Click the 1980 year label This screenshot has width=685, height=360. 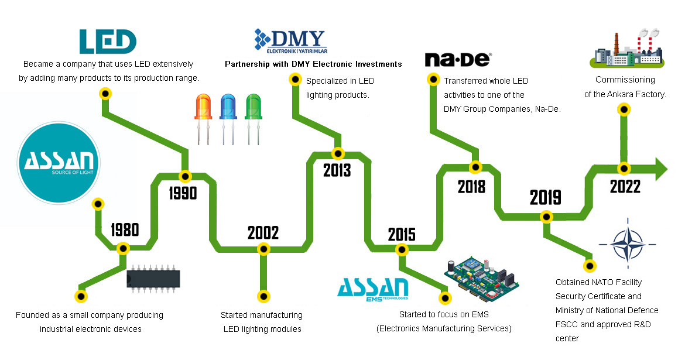125,229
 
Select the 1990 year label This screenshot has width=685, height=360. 183,193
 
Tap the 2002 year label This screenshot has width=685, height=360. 263,233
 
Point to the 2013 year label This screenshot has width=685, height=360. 337,170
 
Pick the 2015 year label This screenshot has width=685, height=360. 402,235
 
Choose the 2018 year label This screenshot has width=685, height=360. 472,187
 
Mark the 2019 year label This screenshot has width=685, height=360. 546,198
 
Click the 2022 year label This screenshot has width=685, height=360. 625,187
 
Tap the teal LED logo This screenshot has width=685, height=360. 108,42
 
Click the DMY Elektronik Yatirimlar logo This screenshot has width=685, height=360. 290,41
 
